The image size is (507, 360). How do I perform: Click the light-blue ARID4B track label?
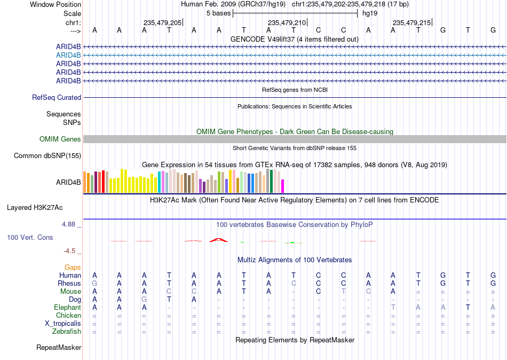(68, 56)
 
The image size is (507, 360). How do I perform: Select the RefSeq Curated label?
(57, 97)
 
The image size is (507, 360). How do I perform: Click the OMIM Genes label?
(60, 139)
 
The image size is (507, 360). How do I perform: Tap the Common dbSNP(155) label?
(47, 156)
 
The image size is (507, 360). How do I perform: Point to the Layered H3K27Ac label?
(35, 208)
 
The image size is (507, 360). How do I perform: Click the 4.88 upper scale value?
(68, 224)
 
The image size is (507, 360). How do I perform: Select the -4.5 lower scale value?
(69, 251)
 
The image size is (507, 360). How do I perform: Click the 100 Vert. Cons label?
(30, 238)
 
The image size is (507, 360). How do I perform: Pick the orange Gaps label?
(73, 268)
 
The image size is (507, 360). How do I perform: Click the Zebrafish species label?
(67, 332)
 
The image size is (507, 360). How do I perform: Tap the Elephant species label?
(67, 308)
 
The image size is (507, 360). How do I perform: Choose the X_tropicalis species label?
(63, 324)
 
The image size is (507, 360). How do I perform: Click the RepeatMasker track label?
(59, 348)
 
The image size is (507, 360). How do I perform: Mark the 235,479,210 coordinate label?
(287, 22)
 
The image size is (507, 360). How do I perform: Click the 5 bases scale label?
(219, 13)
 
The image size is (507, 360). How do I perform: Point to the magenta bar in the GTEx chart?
(283, 186)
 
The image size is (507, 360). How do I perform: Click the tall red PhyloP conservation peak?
(219, 240)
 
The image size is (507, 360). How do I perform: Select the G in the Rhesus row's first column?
(94, 284)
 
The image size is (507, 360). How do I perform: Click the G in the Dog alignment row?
(144, 300)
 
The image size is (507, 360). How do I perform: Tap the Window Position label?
(56, 4)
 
